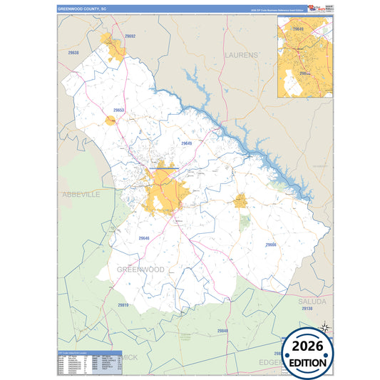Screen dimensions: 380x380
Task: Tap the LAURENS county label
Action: click(x=241, y=54)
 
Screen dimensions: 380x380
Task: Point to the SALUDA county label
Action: click(x=312, y=302)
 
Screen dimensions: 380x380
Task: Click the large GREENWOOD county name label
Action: click(x=140, y=269)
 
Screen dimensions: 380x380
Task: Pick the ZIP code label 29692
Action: click(x=130, y=36)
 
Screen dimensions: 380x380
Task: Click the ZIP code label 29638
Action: click(x=73, y=53)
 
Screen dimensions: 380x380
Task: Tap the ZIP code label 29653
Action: click(x=119, y=111)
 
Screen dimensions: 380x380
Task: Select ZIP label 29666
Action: click(x=271, y=245)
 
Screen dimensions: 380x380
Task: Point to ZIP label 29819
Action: click(x=123, y=305)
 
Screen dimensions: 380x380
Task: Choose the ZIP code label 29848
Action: click(x=223, y=332)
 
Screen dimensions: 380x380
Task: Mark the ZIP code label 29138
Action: click(x=307, y=309)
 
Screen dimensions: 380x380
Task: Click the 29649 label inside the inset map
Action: click(x=298, y=29)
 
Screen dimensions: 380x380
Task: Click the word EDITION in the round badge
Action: click(x=308, y=362)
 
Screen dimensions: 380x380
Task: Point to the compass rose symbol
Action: click(x=324, y=328)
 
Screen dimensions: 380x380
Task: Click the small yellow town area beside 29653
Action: click(x=111, y=121)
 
